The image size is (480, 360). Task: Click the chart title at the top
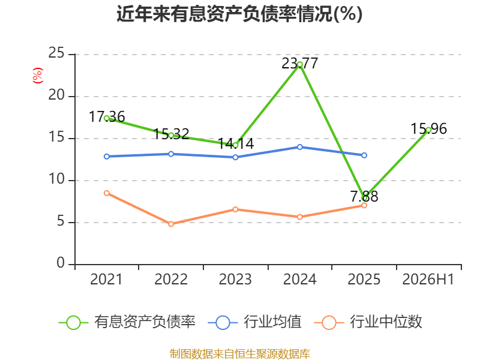click(x=239, y=14)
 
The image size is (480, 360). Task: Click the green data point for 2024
click(x=299, y=65)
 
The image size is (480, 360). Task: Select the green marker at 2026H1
click(x=428, y=130)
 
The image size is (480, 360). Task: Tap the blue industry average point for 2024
click(x=299, y=147)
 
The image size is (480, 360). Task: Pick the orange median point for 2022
click(x=171, y=224)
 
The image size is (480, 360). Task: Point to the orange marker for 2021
click(x=107, y=193)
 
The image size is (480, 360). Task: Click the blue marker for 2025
click(x=364, y=155)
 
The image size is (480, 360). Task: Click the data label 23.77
click(x=299, y=64)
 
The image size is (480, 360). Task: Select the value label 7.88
click(x=364, y=197)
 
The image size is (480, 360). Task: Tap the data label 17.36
click(x=107, y=117)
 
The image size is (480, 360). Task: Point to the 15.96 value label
click(x=428, y=129)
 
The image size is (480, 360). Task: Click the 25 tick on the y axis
click(x=56, y=53)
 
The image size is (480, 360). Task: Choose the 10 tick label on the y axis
click(x=56, y=179)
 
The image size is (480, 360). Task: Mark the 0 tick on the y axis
click(x=61, y=263)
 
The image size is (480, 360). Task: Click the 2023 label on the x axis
click(x=235, y=280)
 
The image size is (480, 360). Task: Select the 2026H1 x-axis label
click(x=428, y=280)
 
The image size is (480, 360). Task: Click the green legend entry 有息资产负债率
click(x=127, y=322)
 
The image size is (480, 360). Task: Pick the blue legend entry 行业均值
click(x=254, y=322)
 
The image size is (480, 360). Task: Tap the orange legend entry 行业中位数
click(x=368, y=322)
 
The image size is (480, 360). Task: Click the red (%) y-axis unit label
click(x=38, y=76)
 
